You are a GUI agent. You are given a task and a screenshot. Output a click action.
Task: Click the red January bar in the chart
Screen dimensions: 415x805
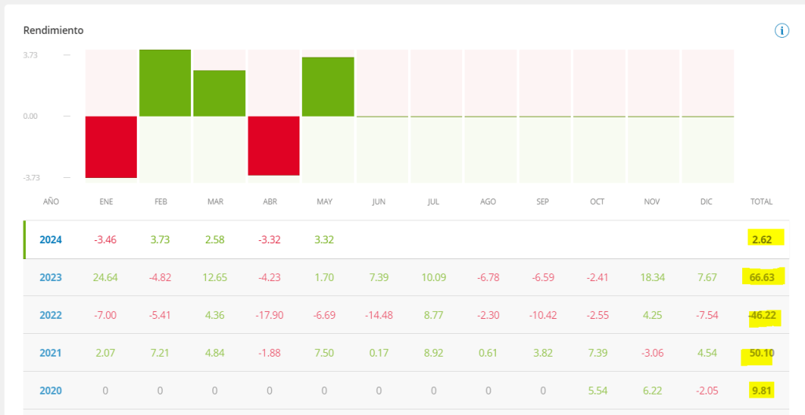click(111, 146)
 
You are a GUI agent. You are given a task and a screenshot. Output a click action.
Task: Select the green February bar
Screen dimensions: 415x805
click(165, 83)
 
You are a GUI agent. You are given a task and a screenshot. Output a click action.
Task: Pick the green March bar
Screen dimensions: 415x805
click(219, 93)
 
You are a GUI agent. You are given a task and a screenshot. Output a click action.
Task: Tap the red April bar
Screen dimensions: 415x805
click(274, 146)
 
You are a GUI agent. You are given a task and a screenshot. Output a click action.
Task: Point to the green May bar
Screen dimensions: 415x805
click(328, 87)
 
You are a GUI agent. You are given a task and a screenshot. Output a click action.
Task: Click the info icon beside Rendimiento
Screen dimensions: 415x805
click(781, 31)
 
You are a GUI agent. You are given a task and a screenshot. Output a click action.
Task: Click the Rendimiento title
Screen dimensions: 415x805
click(53, 31)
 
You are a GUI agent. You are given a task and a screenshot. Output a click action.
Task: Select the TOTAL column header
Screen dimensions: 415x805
click(761, 202)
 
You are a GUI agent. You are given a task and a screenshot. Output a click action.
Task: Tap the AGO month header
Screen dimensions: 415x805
click(487, 202)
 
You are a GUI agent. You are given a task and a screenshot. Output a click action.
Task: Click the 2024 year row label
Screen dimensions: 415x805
click(50, 239)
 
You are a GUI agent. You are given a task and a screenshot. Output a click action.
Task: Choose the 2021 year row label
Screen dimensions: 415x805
click(50, 353)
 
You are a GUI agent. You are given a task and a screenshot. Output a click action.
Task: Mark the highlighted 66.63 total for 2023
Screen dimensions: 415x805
click(761, 277)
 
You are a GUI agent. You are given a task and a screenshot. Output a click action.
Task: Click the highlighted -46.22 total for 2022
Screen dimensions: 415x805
click(760, 315)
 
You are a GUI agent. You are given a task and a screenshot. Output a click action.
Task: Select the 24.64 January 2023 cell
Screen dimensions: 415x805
click(105, 277)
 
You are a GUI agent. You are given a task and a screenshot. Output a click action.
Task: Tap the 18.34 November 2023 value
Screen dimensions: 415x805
click(651, 277)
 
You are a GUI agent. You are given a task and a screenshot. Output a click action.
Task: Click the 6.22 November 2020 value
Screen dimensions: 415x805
click(651, 391)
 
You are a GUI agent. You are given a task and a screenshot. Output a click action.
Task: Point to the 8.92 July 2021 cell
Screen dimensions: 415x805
click(433, 353)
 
